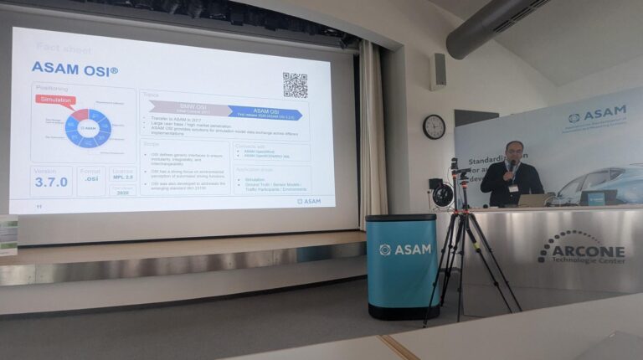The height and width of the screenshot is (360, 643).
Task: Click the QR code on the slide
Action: coord(295,85)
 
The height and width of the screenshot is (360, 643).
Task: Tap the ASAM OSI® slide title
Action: coord(74,68)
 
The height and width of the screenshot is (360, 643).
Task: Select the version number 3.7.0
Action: coord(51,182)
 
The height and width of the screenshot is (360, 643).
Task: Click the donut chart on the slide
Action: coord(87,128)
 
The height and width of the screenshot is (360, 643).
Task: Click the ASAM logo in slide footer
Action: coord(309,201)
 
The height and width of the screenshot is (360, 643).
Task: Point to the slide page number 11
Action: coord(39,206)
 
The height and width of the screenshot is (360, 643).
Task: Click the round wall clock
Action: coord(434,126)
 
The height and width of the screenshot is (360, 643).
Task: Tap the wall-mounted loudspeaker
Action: coord(438,72)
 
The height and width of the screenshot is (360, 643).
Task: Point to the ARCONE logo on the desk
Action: coord(581,249)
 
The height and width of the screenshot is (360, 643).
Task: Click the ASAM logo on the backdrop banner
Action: coord(597,115)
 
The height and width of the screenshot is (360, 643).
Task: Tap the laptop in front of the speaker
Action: coord(533,199)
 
